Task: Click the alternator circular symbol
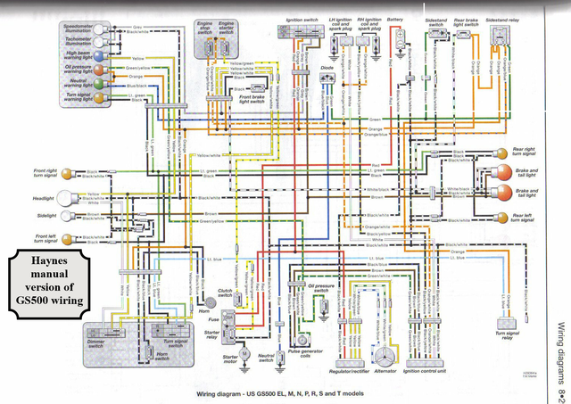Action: click(387, 353)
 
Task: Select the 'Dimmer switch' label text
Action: click(96, 341)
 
